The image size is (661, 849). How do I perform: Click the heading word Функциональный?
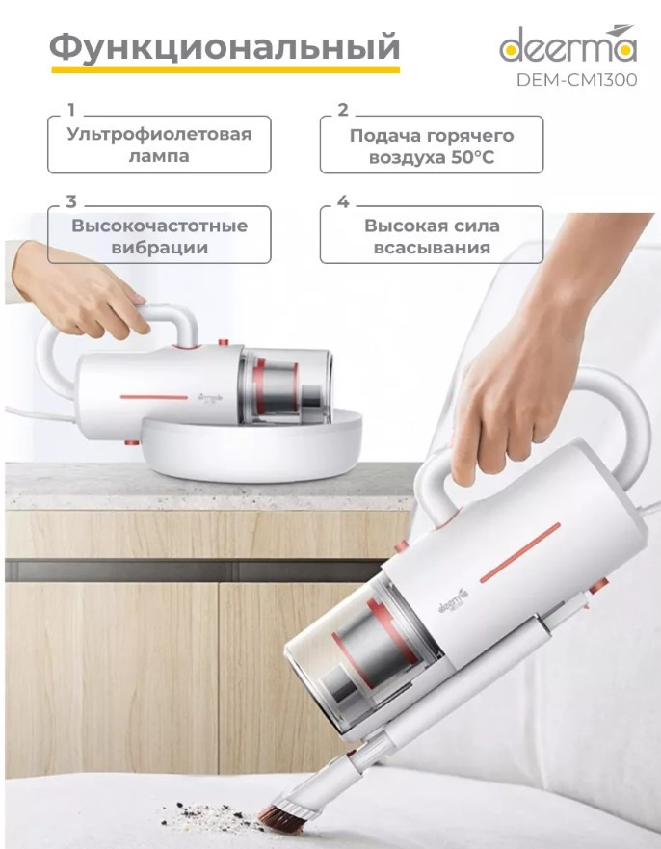click(x=224, y=45)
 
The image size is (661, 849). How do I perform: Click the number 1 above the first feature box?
click(x=70, y=109)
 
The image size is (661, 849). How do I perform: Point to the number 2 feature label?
click(x=342, y=109)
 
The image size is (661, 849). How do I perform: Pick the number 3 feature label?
click(x=70, y=202)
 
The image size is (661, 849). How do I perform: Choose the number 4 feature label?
click(x=342, y=202)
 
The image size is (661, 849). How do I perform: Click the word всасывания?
click(x=431, y=249)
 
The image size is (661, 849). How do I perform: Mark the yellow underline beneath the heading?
click(x=224, y=70)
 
